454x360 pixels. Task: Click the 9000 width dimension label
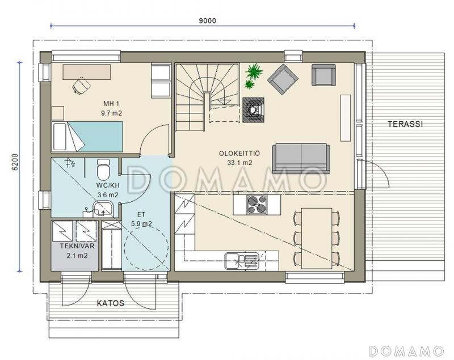[208, 21]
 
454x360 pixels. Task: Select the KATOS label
[110, 303]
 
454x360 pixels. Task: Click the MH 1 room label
[111, 104]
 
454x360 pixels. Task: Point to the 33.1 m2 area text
[239, 163]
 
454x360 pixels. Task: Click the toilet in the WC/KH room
[103, 169]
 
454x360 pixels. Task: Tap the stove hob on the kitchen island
[257, 205]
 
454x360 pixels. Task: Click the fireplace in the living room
[253, 110]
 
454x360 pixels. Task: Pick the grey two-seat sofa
[301, 159]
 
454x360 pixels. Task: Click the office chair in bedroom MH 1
[81, 85]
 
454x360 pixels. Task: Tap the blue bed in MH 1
[87, 137]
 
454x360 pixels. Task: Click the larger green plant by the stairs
[254, 71]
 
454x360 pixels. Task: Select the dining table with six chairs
[317, 238]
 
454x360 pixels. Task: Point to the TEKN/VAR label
[77, 246]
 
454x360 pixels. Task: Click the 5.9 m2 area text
[141, 224]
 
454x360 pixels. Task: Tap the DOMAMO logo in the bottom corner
[406, 351]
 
